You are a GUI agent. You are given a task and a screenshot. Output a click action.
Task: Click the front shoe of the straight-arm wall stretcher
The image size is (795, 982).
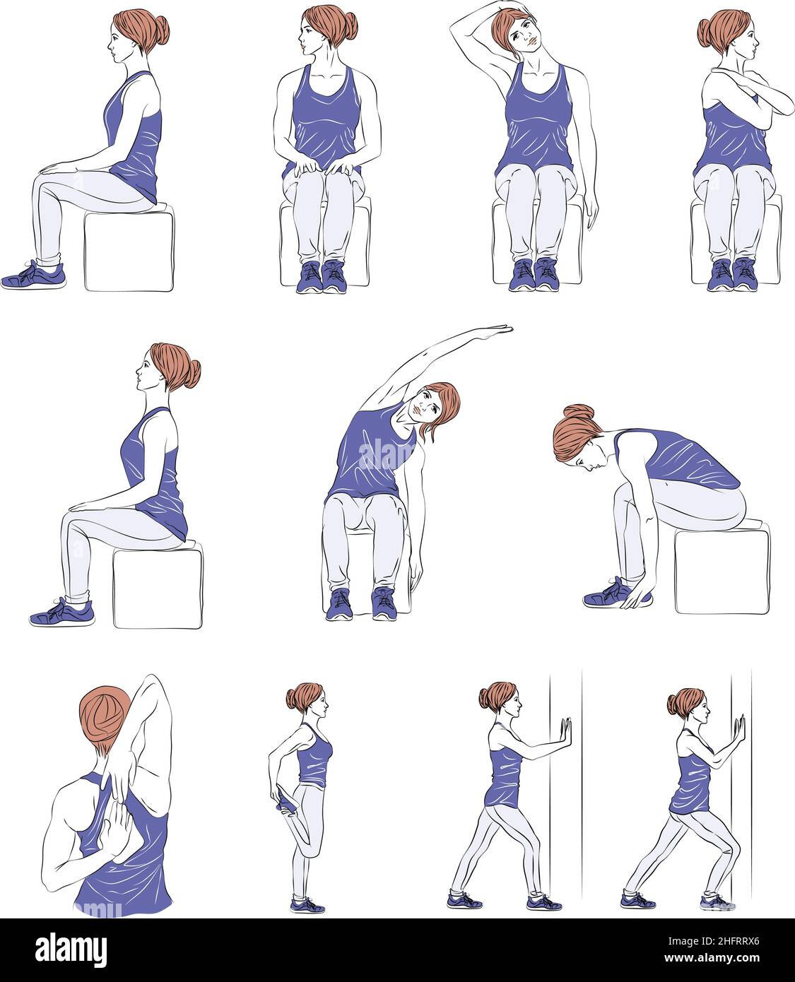click(x=543, y=902)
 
